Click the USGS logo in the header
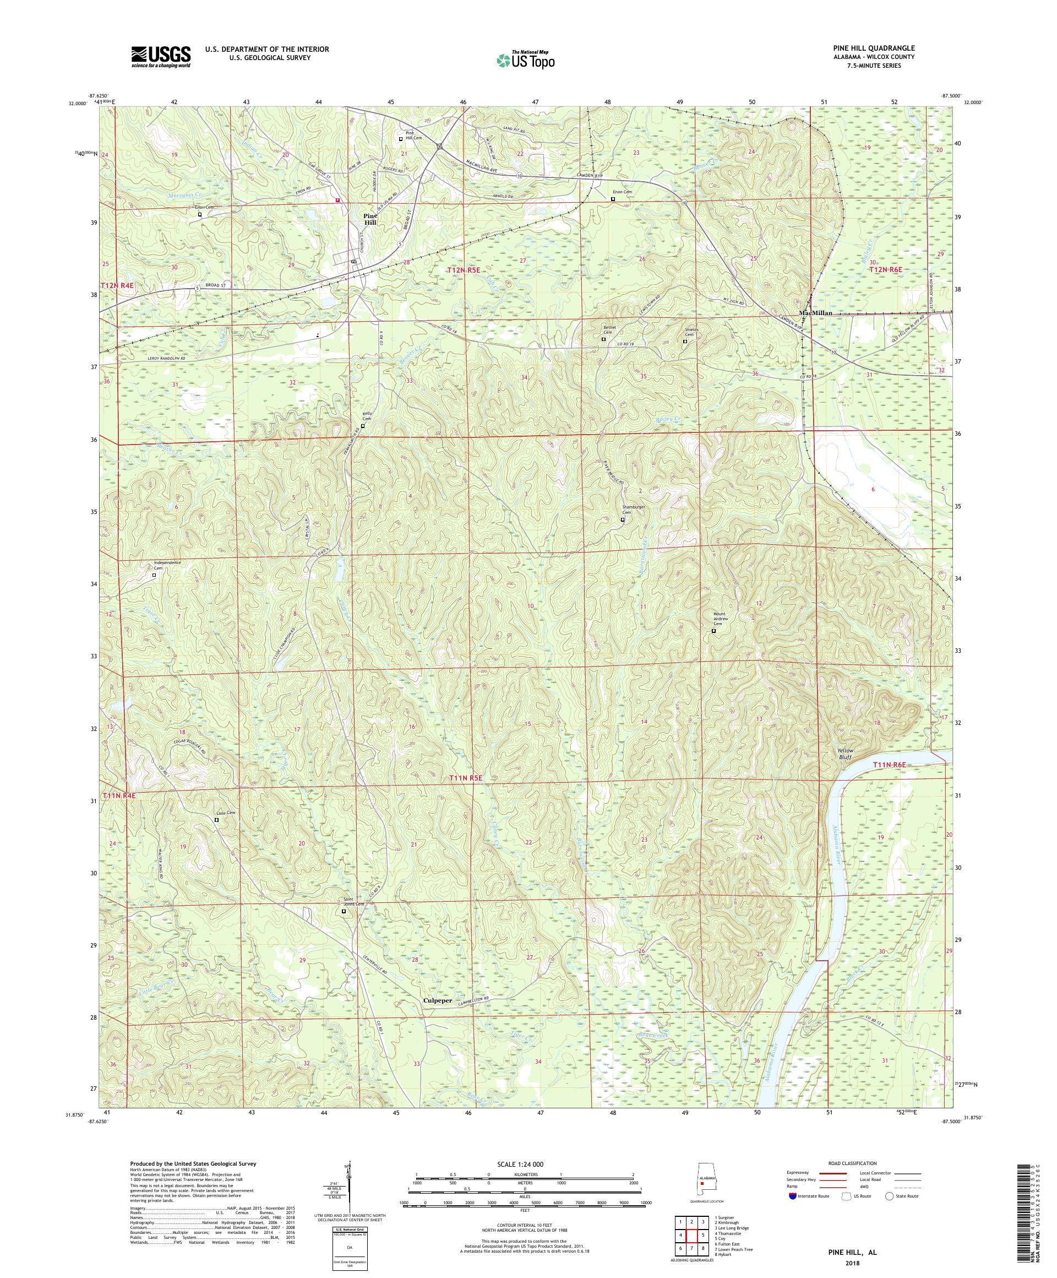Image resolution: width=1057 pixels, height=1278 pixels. click(161, 57)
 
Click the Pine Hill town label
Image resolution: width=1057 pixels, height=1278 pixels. click(371, 219)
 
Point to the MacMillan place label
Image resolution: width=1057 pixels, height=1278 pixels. click(815, 313)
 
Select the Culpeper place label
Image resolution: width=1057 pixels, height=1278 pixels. click(442, 1000)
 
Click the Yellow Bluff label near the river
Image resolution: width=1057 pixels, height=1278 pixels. click(844, 755)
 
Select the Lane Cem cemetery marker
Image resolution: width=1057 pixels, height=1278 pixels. click(216, 820)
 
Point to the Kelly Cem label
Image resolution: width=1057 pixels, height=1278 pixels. click(367, 417)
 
